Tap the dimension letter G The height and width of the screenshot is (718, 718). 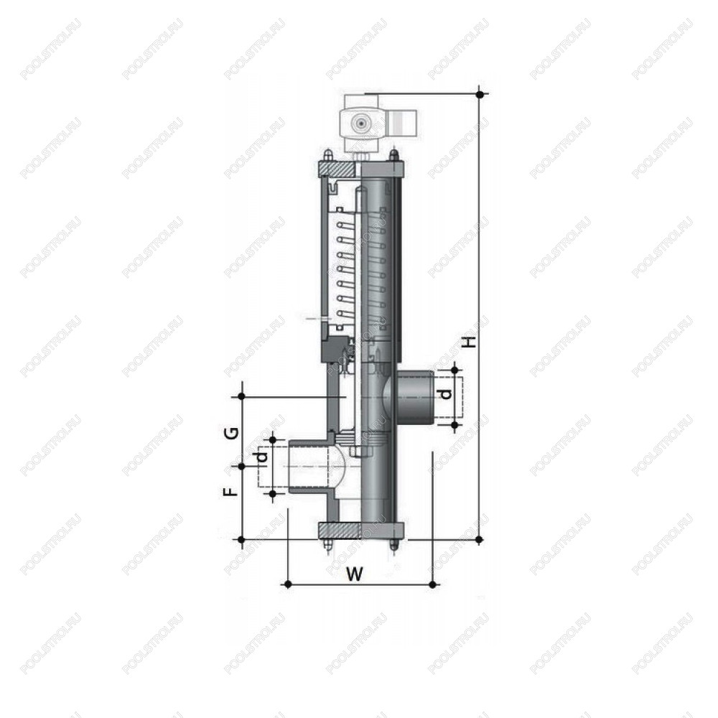233,433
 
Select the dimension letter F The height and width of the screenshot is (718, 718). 233,491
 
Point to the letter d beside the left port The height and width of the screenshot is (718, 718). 262,457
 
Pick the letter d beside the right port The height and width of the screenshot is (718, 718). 446,393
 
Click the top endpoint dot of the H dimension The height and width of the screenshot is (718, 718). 480,94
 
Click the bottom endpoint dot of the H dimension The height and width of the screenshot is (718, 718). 480,539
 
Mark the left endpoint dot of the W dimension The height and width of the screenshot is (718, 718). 288,584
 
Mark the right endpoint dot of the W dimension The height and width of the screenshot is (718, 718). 433,584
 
